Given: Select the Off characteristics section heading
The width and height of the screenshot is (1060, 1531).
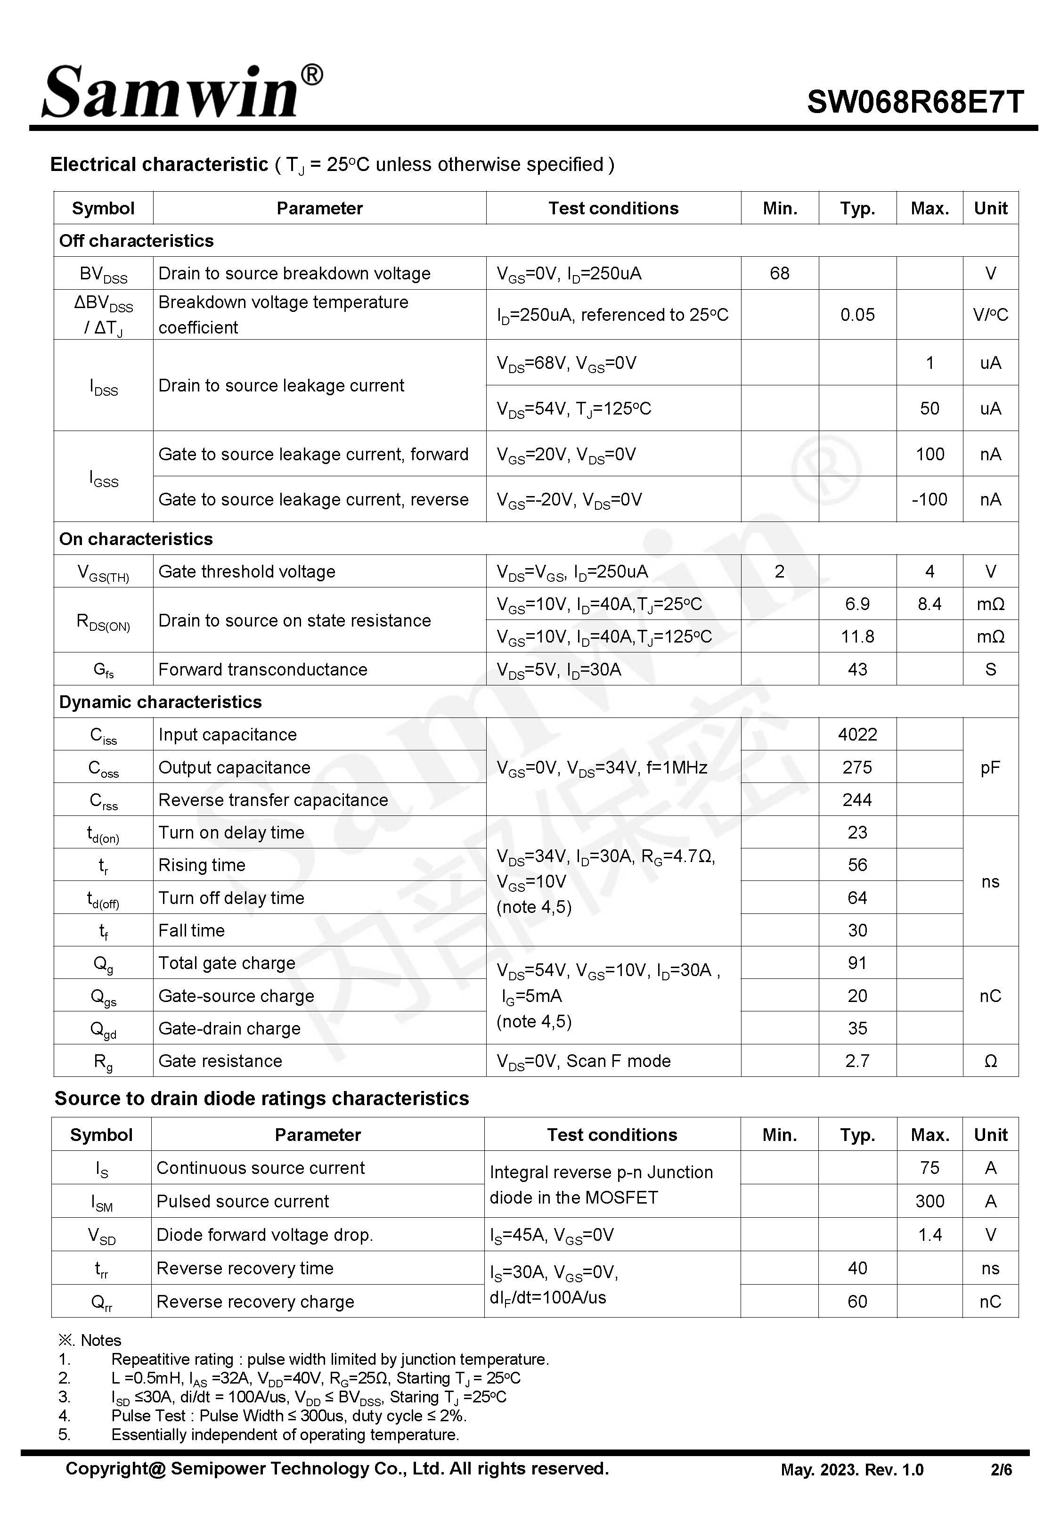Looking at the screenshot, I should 136,240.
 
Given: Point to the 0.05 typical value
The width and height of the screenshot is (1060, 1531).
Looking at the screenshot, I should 857,315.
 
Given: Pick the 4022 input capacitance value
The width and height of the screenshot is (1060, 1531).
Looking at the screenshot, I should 857,734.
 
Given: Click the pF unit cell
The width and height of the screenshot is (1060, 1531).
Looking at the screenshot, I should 990,767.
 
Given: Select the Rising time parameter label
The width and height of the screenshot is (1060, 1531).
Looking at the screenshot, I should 202,865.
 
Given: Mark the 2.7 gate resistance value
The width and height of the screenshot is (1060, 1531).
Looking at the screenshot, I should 857,1061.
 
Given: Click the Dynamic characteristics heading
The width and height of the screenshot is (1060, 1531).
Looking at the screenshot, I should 160,702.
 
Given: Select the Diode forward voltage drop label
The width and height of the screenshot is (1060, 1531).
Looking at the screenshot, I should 264,1235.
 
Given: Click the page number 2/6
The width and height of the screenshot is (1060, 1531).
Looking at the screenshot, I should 1001,1470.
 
